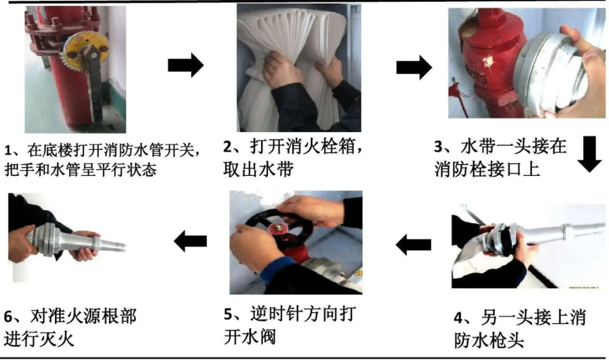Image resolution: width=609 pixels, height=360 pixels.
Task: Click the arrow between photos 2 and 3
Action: point(414,66)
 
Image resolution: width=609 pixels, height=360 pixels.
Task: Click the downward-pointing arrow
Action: point(589,154)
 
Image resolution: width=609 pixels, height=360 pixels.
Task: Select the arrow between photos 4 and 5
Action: point(414,243)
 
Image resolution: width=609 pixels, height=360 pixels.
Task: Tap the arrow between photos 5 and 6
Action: point(190,240)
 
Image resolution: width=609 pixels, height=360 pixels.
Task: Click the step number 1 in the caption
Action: point(8,149)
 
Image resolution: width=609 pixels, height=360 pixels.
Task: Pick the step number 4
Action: point(459,318)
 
